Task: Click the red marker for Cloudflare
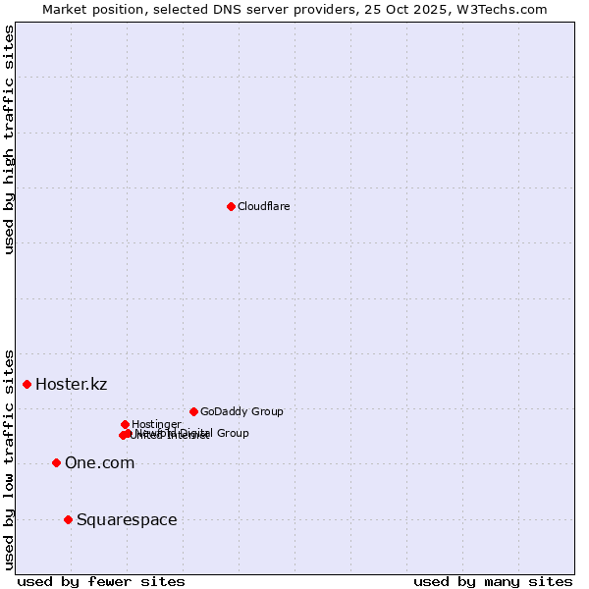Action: point(231,206)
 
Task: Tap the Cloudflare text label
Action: point(263,206)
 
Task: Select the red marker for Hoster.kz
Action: point(27,384)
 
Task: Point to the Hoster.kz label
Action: point(71,384)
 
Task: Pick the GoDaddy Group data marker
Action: point(193,411)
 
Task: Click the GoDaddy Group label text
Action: point(241,411)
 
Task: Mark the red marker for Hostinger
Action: point(125,424)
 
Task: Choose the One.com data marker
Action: point(56,462)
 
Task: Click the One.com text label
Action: point(99,462)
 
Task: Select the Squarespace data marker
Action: point(68,519)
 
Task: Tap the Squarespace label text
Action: point(127,519)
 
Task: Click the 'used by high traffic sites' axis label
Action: point(10,139)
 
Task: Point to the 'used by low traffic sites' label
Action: point(10,458)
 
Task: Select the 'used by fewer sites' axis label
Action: point(101,581)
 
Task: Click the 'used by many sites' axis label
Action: point(493,581)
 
